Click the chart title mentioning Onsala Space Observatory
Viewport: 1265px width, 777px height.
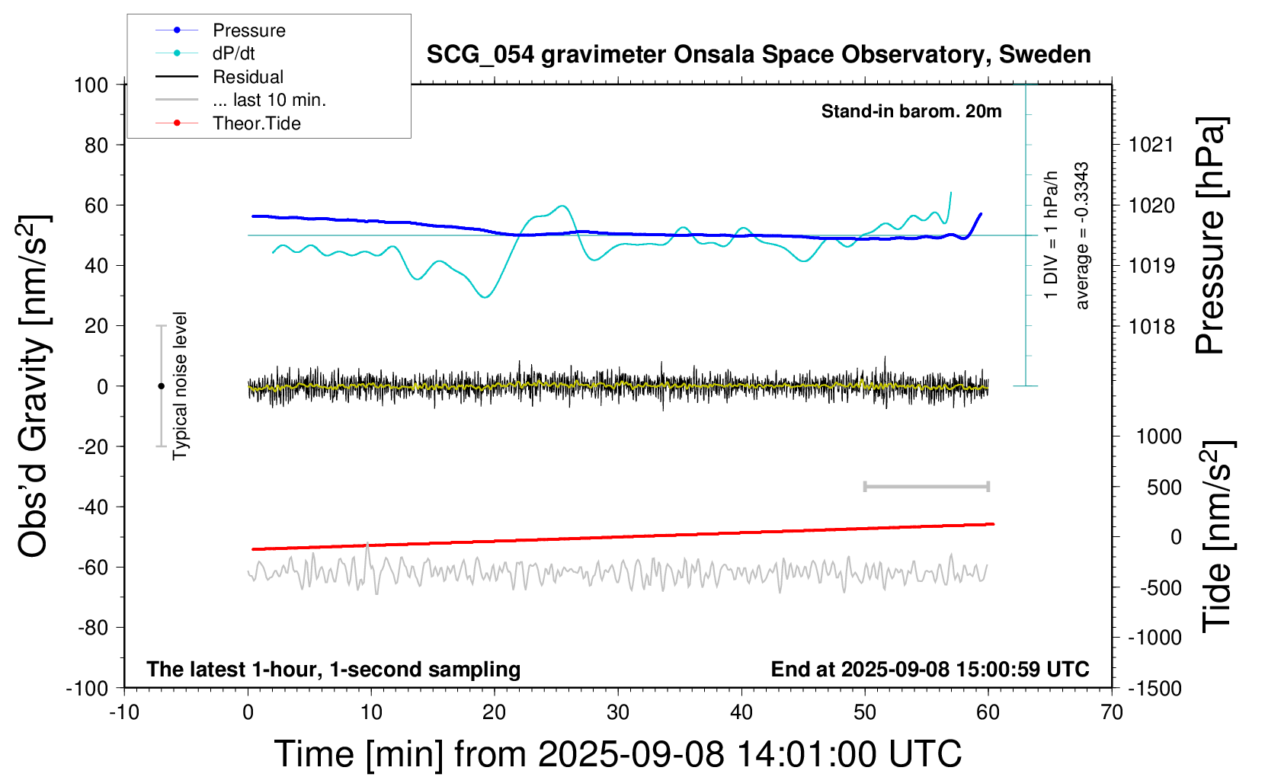click(758, 55)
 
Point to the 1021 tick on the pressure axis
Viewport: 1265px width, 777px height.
click(1151, 145)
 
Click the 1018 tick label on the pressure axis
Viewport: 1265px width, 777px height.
click(1151, 327)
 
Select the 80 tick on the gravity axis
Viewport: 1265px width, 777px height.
click(96, 145)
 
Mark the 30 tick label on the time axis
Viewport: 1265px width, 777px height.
click(618, 713)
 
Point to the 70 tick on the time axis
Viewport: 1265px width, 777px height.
click(1112, 713)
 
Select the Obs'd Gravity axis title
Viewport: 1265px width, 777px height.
click(35, 386)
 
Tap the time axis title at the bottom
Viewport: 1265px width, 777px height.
click(617, 754)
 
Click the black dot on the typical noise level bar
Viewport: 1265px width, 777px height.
click(161, 386)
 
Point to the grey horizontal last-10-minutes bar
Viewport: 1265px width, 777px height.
click(926, 486)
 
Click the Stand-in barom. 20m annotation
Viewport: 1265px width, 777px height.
click(911, 111)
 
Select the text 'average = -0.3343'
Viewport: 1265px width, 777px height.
click(1081, 235)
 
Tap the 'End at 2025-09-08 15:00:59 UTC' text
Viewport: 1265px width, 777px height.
click(930, 669)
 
